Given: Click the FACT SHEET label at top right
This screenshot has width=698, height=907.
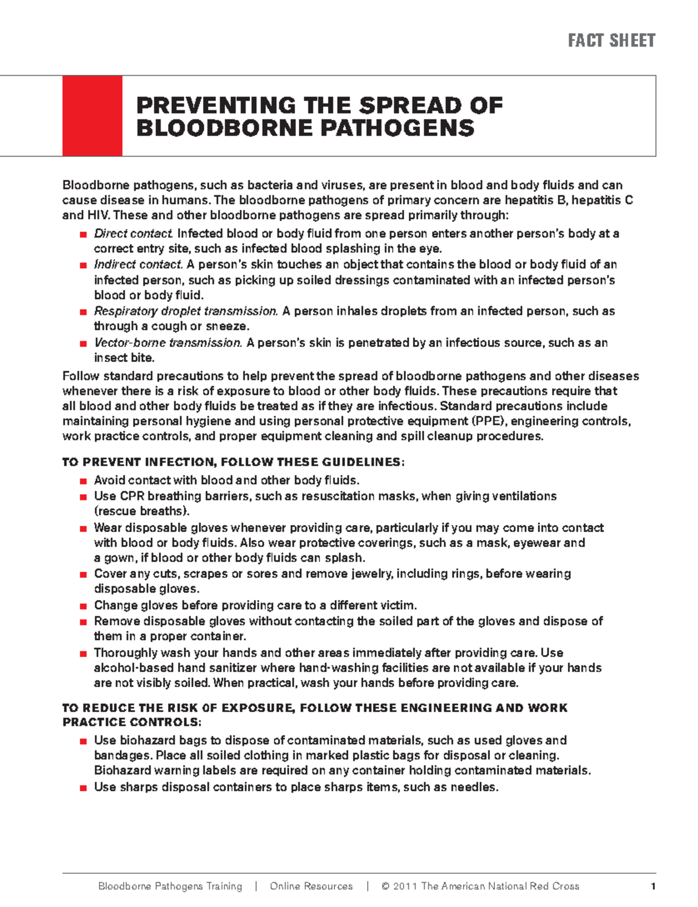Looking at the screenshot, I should click(611, 40).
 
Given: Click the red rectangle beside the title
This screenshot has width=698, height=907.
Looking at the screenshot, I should click(92, 115).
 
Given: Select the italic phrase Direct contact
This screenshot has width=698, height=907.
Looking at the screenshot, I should click(133, 233).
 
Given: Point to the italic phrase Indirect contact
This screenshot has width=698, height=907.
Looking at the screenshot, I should click(138, 264).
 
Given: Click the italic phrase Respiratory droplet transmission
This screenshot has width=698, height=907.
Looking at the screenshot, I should click(186, 311).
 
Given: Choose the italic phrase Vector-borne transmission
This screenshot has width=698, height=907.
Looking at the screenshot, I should click(168, 342).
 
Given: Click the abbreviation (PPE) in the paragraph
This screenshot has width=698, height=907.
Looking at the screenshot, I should click(488, 421).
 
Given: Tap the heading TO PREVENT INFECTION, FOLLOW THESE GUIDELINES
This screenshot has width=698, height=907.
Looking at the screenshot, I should click(233, 462).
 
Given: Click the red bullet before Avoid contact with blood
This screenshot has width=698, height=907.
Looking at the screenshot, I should click(83, 481).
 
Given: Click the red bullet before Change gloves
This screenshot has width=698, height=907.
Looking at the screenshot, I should click(83, 605).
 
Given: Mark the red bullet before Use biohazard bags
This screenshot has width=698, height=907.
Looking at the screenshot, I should click(83, 741).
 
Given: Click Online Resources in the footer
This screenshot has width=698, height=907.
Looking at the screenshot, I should click(311, 886).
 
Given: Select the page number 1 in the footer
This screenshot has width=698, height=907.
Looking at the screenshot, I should click(653, 887).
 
